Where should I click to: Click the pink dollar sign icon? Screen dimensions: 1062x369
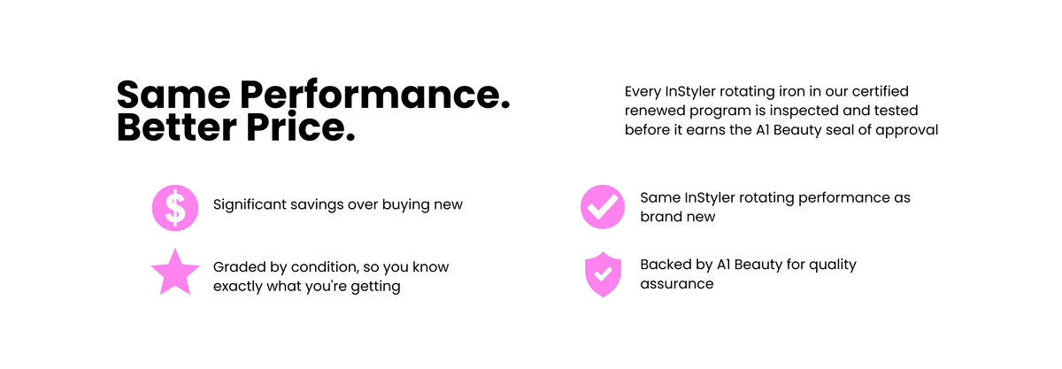175,208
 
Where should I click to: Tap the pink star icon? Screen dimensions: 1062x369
175,273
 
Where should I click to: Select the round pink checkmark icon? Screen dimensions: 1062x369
603,207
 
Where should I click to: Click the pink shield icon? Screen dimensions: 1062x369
603,274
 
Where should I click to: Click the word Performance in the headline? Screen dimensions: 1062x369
374,96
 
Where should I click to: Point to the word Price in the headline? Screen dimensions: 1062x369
301,127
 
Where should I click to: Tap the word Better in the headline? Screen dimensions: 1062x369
176,127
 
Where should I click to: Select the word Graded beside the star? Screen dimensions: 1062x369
240,267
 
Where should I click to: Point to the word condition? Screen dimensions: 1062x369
325,267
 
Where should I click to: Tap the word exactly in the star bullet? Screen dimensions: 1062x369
237,287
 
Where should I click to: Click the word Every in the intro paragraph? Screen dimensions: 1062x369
643,91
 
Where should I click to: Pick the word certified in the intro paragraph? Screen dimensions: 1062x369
881,91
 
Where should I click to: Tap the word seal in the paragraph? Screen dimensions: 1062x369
840,130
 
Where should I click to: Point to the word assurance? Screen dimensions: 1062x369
676,284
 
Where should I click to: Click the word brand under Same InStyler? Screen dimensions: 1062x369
657,217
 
